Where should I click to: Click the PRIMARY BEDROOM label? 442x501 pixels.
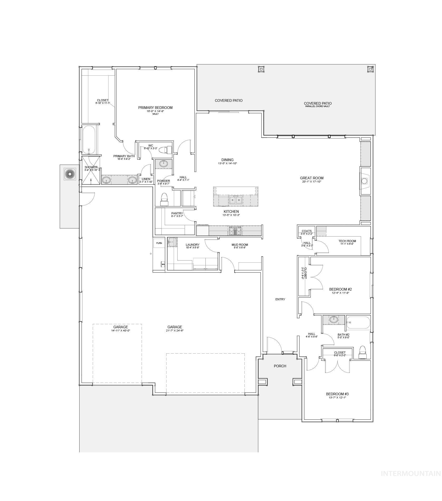point(155,108)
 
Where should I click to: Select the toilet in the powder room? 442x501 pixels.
point(164,200)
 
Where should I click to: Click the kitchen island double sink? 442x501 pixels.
point(235,200)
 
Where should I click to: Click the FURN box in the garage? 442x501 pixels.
point(159,243)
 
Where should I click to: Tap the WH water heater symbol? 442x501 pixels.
point(163,264)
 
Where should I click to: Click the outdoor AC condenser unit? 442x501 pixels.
point(70,174)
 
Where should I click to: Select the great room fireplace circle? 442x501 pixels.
point(364,181)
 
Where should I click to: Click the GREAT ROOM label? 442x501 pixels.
point(312,178)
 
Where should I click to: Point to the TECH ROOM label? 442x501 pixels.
point(347,241)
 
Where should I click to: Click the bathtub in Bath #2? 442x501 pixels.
point(358,322)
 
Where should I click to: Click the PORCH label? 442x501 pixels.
point(280,366)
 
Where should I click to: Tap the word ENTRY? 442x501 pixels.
point(280,299)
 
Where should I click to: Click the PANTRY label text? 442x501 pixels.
point(177,213)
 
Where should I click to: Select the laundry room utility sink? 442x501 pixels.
point(172,242)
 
